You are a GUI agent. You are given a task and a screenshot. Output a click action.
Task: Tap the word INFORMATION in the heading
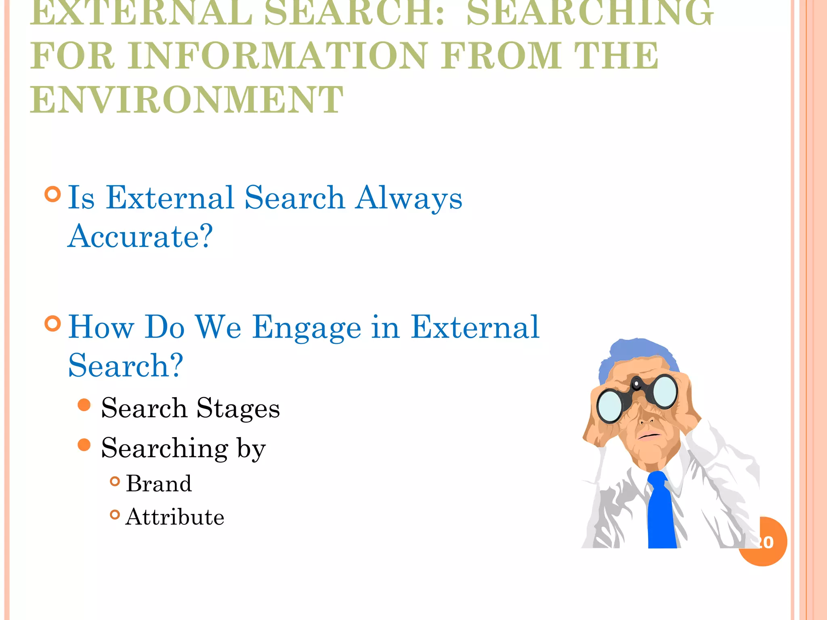[x=277, y=56]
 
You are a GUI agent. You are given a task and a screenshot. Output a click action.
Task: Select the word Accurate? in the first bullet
[x=140, y=236]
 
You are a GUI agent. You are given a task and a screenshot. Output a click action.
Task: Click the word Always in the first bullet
[x=408, y=198]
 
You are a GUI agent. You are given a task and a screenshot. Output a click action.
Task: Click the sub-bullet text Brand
[x=159, y=483]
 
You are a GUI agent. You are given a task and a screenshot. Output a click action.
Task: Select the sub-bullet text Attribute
[x=175, y=517]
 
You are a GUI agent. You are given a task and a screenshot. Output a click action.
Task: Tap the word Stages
[x=238, y=408]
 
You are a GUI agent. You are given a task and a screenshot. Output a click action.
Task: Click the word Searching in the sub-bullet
[x=165, y=448]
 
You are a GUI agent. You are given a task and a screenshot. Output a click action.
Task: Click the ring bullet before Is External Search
[x=53, y=194]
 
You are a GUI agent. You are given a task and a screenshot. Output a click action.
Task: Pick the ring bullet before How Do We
[x=53, y=323]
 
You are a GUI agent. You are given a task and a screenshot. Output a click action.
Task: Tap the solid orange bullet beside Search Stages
[x=84, y=405]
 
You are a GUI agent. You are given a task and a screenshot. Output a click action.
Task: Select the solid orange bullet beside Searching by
[x=84, y=445]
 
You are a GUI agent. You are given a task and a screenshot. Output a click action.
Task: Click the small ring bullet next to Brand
[x=115, y=481]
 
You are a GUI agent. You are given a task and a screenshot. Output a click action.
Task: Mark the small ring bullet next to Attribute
[x=115, y=515]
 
